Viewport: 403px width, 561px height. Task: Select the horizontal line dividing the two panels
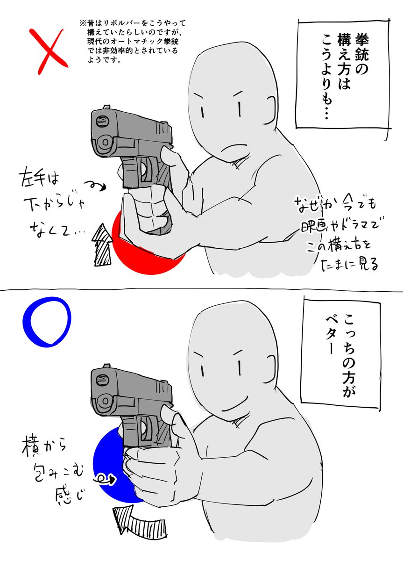pyautogui.click(x=201, y=290)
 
